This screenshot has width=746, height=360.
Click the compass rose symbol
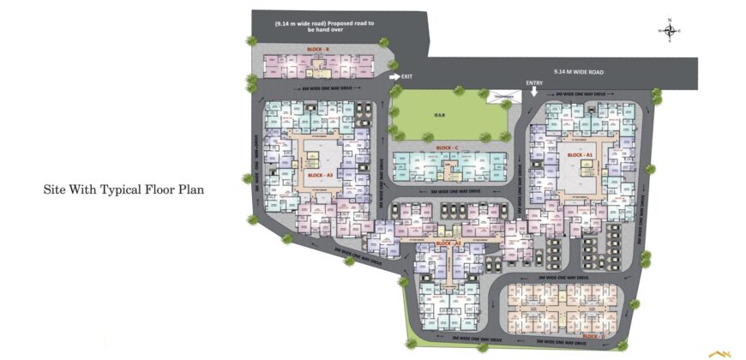tap(670, 31)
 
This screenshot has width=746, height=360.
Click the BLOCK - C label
tap(447, 148)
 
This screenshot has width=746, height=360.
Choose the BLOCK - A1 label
tap(581, 155)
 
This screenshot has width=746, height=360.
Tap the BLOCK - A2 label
tap(448, 243)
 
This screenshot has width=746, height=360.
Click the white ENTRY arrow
tap(533, 90)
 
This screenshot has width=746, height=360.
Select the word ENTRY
tap(534, 81)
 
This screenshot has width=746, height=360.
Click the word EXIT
tap(408, 77)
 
